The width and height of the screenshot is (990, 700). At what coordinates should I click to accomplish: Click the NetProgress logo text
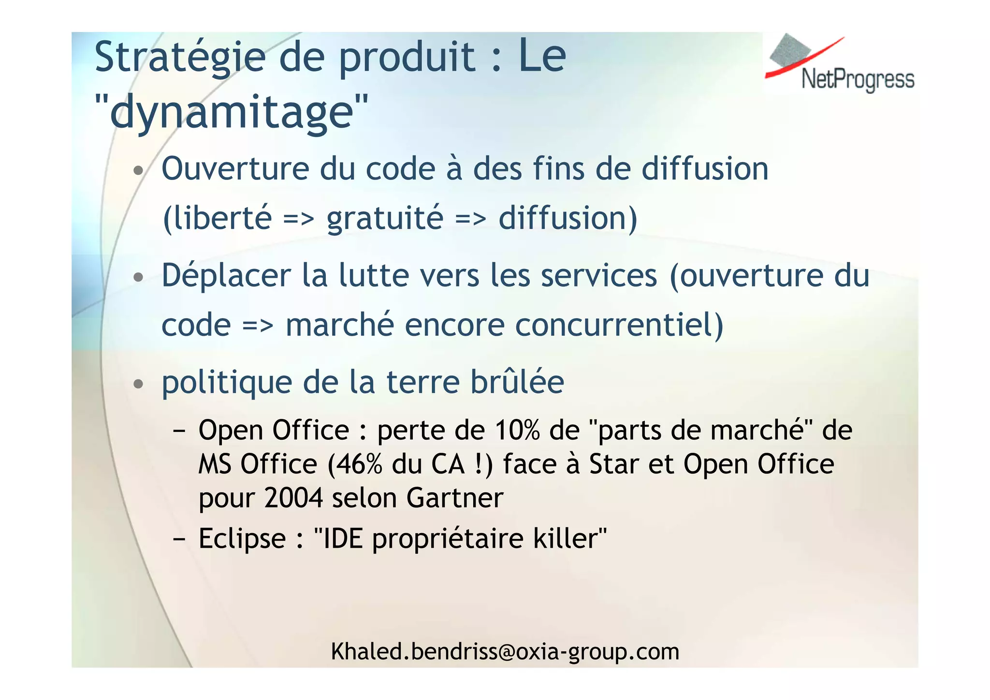coord(858,79)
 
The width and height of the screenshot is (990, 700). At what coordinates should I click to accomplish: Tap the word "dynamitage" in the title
coord(232,112)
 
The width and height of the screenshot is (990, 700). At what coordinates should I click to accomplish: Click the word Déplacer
coord(226,276)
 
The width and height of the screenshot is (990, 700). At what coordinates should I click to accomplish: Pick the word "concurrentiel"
coord(613,325)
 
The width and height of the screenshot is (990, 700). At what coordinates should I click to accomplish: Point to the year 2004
coord(293,498)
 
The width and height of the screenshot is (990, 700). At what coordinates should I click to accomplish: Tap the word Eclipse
coord(242,538)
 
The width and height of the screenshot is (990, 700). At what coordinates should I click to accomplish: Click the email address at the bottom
coord(505,652)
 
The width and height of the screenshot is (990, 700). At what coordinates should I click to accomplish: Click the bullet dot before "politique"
coord(139,384)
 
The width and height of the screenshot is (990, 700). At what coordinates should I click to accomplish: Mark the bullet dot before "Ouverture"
coord(139,171)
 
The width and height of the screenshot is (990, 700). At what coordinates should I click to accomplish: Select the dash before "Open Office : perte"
coord(179,430)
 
